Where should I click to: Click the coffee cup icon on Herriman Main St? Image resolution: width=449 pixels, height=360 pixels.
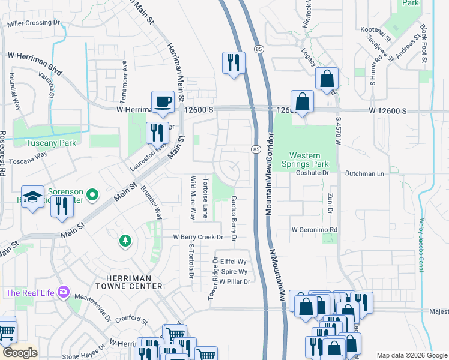[x=163, y=101]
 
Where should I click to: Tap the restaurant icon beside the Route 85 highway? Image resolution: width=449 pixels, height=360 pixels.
[x=233, y=62]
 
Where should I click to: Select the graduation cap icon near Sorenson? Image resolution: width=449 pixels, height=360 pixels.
[x=32, y=197]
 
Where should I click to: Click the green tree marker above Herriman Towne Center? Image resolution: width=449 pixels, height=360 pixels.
[x=125, y=241]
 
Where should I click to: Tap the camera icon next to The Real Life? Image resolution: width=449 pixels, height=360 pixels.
[x=63, y=293]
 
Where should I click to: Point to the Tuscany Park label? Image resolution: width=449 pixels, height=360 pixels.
[x=50, y=143]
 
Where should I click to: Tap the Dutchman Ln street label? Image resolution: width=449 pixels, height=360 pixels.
[x=364, y=173]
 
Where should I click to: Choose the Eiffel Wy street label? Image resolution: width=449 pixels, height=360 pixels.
[x=234, y=262]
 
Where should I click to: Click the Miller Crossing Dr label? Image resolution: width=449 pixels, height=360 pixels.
[x=35, y=24]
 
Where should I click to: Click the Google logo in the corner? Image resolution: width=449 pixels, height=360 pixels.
[x=20, y=353]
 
